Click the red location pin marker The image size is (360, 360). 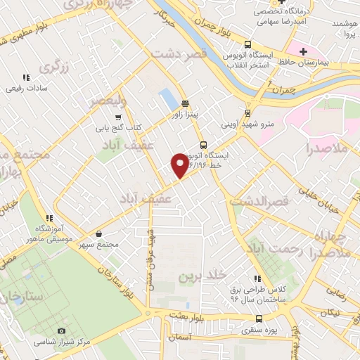(180, 164)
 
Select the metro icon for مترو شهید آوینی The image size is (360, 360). (247, 113)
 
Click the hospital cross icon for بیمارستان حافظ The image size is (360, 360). (303, 52)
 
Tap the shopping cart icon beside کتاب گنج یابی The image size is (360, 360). (119, 117)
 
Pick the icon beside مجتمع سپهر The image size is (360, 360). (98, 234)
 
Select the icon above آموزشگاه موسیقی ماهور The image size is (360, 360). (49, 218)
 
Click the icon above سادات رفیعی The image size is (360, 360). (27, 77)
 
